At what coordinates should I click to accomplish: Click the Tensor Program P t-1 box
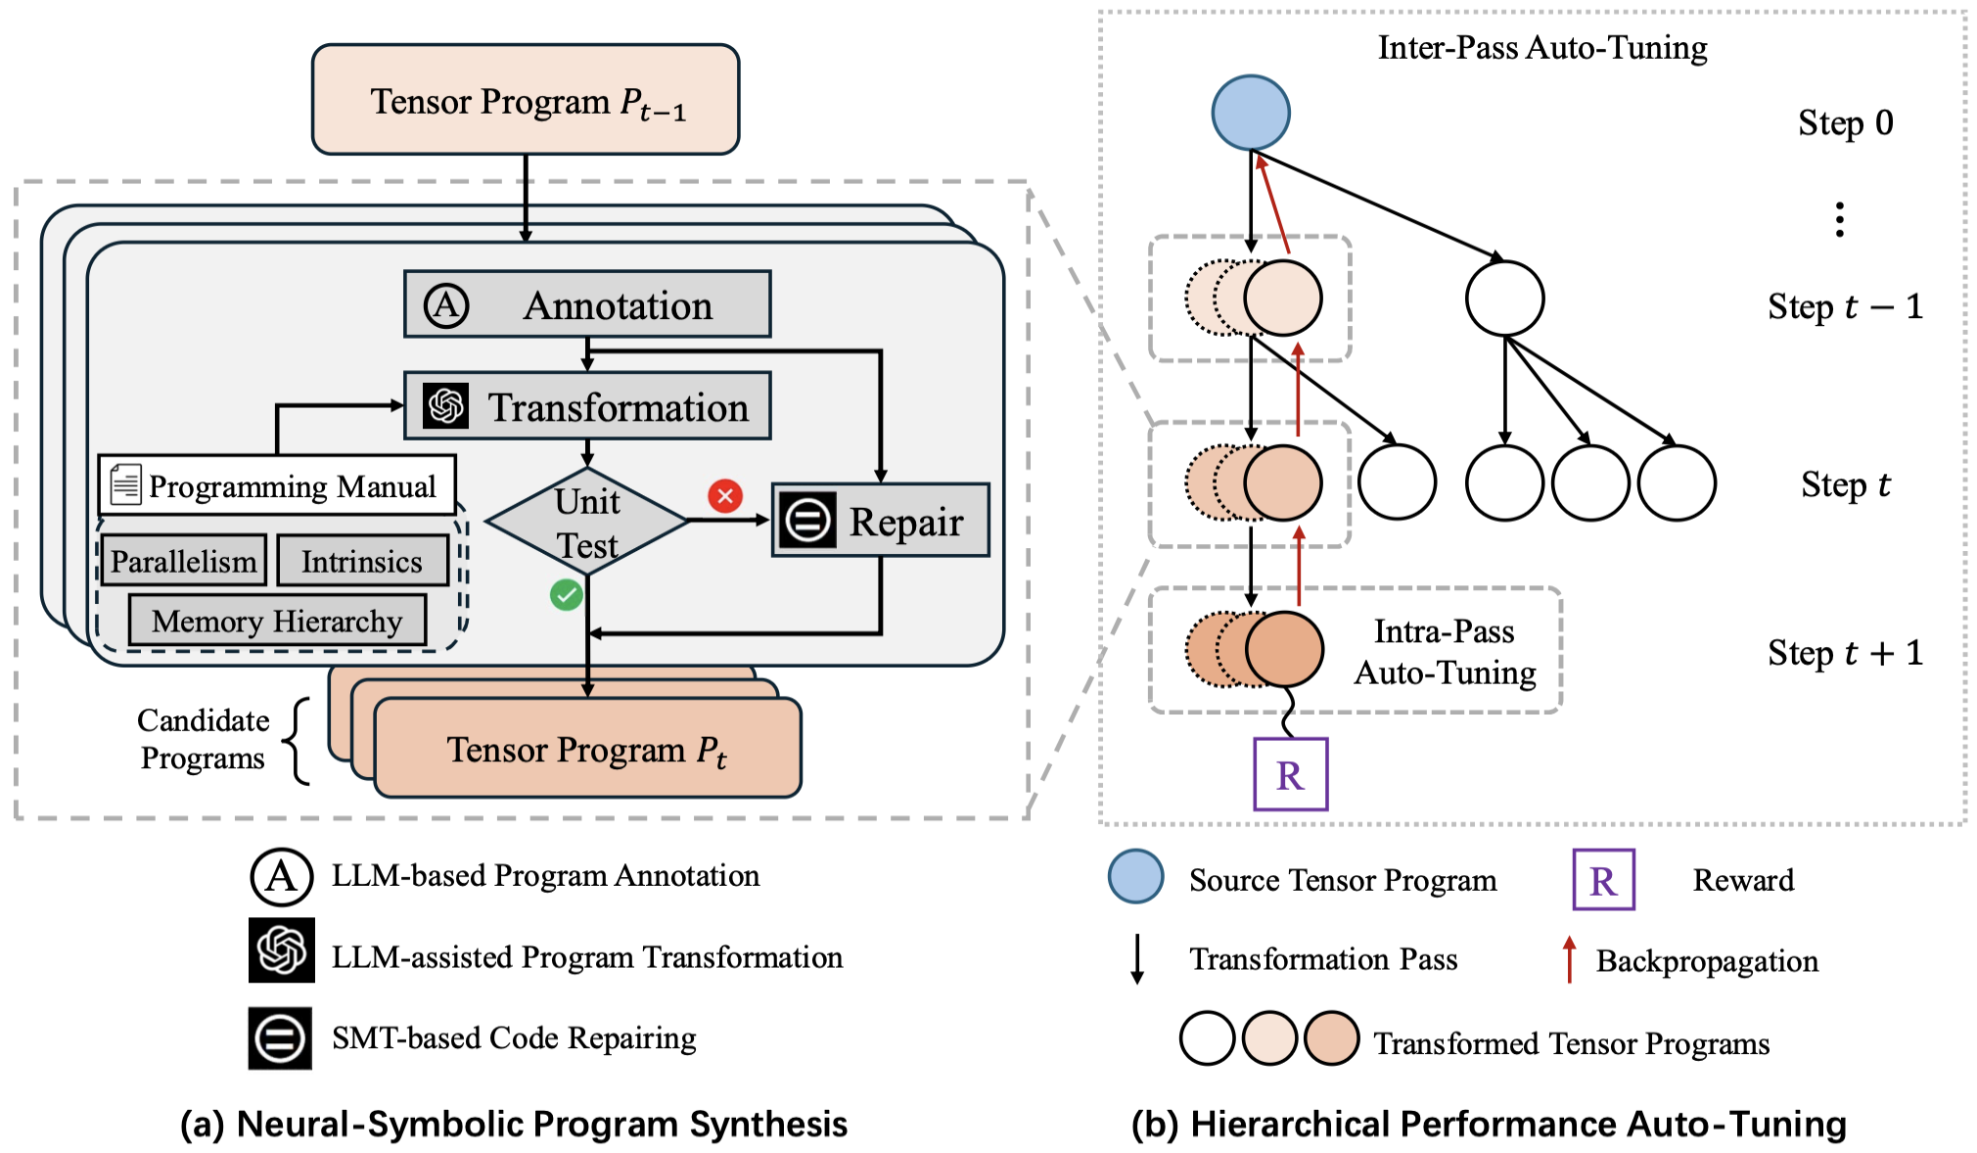pyautogui.click(x=526, y=100)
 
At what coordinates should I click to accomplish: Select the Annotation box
pyautogui.click(x=587, y=304)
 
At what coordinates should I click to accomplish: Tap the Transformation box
pyautogui.click(x=587, y=406)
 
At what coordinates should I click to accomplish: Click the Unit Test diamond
pyautogui.click(x=587, y=522)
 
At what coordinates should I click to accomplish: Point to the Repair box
pyautogui.click(x=881, y=521)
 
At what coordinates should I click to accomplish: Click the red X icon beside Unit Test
pyautogui.click(x=725, y=496)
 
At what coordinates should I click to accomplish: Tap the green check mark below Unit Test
pyautogui.click(x=566, y=594)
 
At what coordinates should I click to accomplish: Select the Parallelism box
pyautogui.click(x=183, y=561)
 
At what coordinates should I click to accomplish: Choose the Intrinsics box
pyautogui.click(x=362, y=561)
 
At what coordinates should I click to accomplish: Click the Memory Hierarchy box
pyautogui.click(x=277, y=621)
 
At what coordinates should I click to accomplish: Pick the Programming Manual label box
pyautogui.click(x=277, y=485)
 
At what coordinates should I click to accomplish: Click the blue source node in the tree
pyautogui.click(x=1250, y=113)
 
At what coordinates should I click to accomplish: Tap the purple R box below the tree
pyautogui.click(x=1290, y=774)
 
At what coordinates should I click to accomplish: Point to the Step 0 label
pyautogui.click(x=1845, y=123)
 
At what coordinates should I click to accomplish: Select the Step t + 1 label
pyautogui.click(x=1845, y=653)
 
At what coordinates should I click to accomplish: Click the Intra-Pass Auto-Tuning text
pyautogui.click(x=1445, y=652)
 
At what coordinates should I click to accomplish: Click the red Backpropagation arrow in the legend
pyautogui.click(x=1569, y=959)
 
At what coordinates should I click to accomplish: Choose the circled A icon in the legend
pyautogui.click(x=281, y=876)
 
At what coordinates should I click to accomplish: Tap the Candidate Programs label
pyautogui.click(x=203, y=739)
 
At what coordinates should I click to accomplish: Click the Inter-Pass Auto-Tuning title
pyautogui.click(x=1541, y=47)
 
